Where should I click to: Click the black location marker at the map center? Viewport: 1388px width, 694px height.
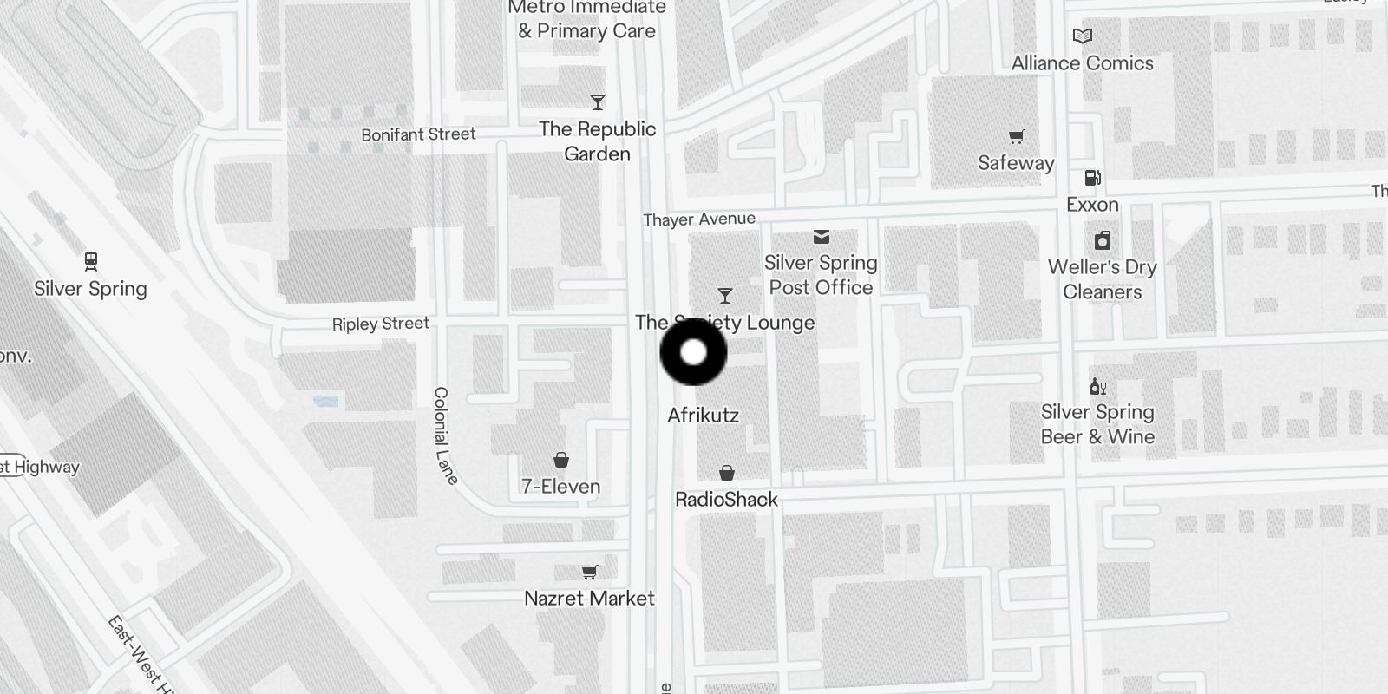(x=693, y=353)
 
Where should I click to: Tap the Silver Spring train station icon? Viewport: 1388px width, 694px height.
(x=91, y=260)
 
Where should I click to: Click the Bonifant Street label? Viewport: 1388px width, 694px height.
(x=418, y=134)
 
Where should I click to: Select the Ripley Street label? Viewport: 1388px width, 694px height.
(x=380, y=324)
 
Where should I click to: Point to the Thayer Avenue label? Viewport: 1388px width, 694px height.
(x=698, y=219)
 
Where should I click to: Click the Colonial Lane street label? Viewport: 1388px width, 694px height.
(x=444, y=435)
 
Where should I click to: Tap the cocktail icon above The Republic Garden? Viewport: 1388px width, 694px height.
(x=597, y=102)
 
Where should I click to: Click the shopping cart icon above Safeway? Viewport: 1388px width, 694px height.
(x=1016, y=137)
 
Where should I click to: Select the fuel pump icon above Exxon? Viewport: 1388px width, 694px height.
(x=1092, y=178)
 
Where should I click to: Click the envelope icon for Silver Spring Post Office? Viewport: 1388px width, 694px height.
(x=821, y=237)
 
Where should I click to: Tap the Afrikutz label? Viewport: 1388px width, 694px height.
(x=703, y=416)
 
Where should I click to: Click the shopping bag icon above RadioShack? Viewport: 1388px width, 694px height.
(x=727, y=473)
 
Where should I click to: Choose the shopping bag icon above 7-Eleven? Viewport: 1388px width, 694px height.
(x=561, y=460)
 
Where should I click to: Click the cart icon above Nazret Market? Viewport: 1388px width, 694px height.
(x=590, y=572)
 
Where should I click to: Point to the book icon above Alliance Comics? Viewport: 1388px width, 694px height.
(x=1082, y=36)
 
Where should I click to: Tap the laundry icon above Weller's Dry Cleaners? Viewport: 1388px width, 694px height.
(x=1102, y=240)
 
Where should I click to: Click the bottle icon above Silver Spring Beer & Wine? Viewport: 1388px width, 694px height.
(x=1097, y=386)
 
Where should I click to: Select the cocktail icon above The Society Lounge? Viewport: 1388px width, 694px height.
(x=725, y=296)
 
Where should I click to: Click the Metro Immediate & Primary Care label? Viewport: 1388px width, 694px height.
(x=586, y=19)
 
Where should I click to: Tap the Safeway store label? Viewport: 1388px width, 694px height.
(x=1016, y=163)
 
